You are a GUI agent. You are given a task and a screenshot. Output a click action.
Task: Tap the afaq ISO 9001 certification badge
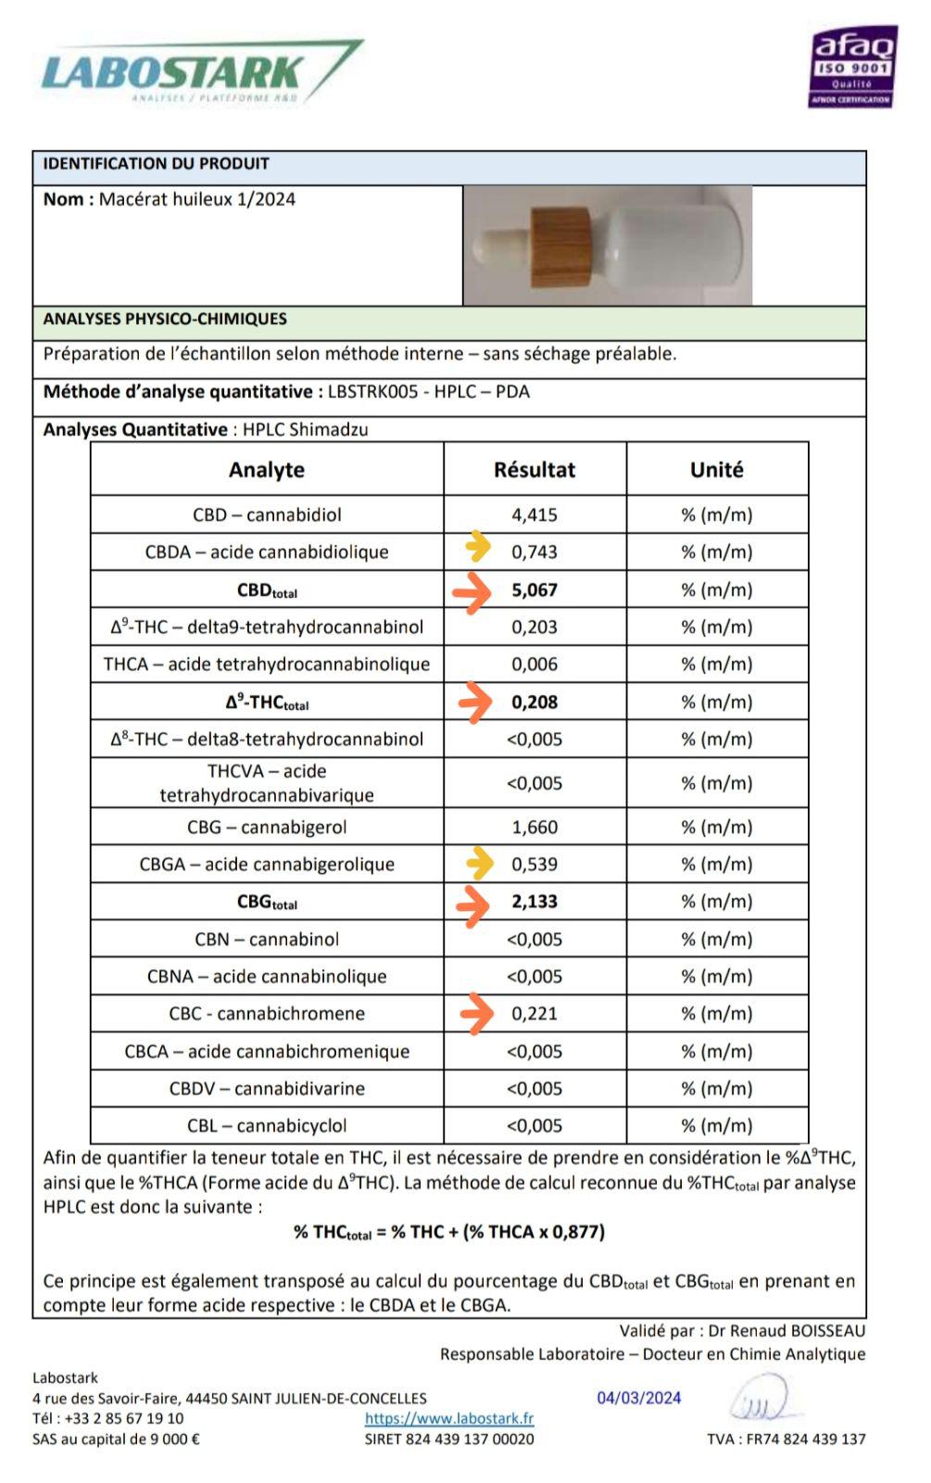tap(853, 67)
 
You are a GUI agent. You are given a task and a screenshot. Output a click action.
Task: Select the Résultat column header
tap(535, 470)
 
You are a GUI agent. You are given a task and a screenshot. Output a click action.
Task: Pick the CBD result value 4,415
tap(535, 515)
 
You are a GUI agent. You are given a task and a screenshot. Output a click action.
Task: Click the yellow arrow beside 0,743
tap(478, 548)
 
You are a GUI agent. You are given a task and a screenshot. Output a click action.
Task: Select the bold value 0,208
tap(535, 703)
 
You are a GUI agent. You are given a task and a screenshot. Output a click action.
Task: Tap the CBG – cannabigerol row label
tap(267, 828)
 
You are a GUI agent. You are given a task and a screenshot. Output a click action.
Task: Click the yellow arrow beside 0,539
tap(478, 863)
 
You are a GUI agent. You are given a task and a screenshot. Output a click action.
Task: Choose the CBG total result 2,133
tap(535, 902)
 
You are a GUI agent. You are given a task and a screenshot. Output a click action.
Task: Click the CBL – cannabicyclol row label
tap(267, 1126)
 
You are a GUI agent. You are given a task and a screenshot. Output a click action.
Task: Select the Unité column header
tap(717, 470)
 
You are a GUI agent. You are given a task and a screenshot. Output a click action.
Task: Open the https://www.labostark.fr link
tap(449, 1418)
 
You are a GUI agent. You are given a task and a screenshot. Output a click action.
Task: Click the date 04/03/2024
tap(639, 1398)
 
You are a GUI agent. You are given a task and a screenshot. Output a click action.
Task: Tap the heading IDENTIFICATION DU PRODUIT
tap(156, 164)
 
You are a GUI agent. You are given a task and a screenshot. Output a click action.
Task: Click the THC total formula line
tap(449, 1232)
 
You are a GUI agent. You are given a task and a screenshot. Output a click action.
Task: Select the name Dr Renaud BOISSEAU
tap(786, 1331)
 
